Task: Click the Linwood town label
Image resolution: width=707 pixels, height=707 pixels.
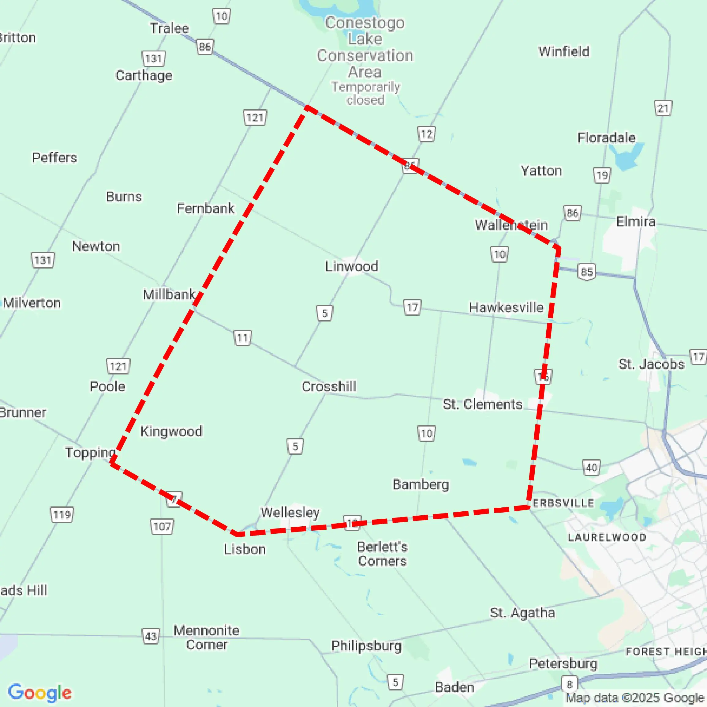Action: [x=352, y=266]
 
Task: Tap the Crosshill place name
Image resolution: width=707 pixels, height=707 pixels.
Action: [x=329, y=386]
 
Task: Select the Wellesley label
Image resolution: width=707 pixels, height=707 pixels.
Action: [x=290, y=512]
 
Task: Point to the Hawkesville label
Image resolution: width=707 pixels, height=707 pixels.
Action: [x=506, y=307]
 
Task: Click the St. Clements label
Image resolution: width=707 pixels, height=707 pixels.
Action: [x=483, y=404]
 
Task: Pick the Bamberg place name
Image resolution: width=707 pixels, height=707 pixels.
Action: [x=421, y=484]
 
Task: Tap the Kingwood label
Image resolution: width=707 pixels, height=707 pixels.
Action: [x=171, y=431]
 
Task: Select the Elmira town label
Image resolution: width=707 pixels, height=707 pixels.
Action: [x=636, y=221]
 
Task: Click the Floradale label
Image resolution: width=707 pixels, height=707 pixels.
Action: [x=606, y=138]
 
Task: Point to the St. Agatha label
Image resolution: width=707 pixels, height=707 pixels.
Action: [x=522, y=613]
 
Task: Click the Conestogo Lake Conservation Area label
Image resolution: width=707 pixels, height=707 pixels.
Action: [x=365, y=47]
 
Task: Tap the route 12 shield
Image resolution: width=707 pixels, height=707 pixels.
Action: [x=426, y=134]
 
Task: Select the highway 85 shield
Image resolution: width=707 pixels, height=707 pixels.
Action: [x=587, y=272]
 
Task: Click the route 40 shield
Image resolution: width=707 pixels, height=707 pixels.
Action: [x=591, y=468]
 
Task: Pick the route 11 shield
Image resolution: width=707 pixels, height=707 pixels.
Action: [x=243, y=337]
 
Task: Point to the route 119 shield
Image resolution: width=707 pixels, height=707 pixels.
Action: [x=62, y=515]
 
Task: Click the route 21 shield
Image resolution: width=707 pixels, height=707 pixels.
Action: [x=663, y=108]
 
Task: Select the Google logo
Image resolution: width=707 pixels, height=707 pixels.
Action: [x=39, y=692]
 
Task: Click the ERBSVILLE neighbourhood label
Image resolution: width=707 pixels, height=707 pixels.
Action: [x=563, y=503]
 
